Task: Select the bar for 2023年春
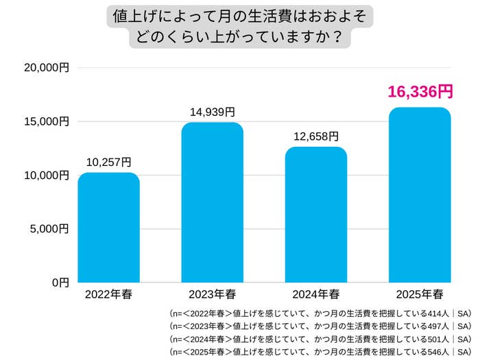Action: [x=212, y=202]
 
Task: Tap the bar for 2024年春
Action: [x=316, y=215]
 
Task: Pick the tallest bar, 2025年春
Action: [x=420, y=195]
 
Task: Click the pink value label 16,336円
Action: [x=420, y=92]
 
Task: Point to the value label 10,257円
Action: [x=108, y=162]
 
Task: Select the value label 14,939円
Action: [x=212, y=112]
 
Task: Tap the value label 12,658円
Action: [x=316, y=136]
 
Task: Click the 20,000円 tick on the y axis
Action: [x=47, y=68]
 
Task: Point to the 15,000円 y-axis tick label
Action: [x=47, y=121]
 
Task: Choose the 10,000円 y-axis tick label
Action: [x=47, y=176]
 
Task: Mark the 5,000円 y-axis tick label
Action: [x=49, y=228]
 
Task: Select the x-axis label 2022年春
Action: [x=108, y=295]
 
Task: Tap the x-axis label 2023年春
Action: [x=212, y=295]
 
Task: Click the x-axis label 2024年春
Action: [x=316, y=295]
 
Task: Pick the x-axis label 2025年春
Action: [x=420, y=295]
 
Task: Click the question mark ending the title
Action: [x=337, y=36]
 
